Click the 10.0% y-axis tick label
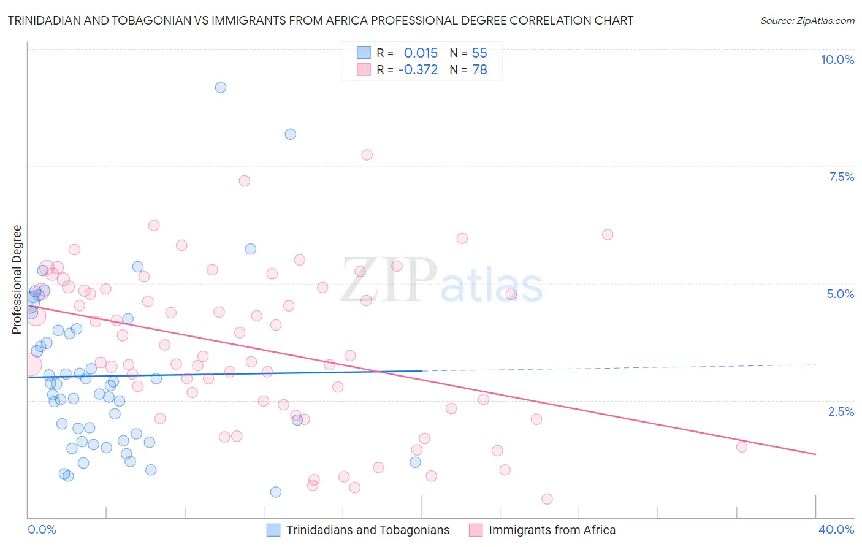pyautogui.click(x=837, y=59)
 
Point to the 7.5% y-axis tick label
pyautogui.click(x=841, y=177)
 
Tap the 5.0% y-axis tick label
pyautogui.click(x=840, y=294)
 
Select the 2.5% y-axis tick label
pyautogui.click(x=841, y=411)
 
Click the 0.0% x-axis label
pyautogui.click(x=42, y=529)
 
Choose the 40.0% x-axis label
pyautogui.click(x=836, y=529)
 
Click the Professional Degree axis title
pyautogui.click(x=17, y=280)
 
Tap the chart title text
pyautogui.click(x=321, y=20)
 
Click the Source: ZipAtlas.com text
pyautogui.click(x=807, y=20)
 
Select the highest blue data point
pyautogui.click(x=221, y=87)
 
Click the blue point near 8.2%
pyautogui.click(x=291, y=134)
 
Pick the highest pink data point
pyautogui.click(x=367, y=155)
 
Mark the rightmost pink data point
pyautogui.click(x=742, y=446)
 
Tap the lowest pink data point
pyautogui.click(x=547, y=499)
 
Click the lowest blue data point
pyautogui.click(x=276, y=492)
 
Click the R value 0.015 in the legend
pyautogui.click(x=421, y=53)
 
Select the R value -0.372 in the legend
pyautogui.click(x=418, y=70)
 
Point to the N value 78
pyautogui.click(x=479, y=70)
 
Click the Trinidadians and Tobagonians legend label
pyautogui.click(x=368, y=530)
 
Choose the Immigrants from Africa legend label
pyautogui.click(x=552, y=530)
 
